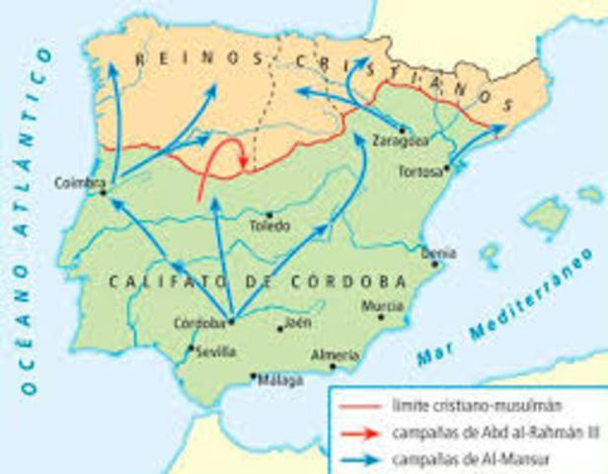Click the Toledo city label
pos(269,226)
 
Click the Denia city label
pos(438,253)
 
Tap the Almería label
pos(330,354)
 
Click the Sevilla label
pos(216,352)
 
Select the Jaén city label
pos(296,322)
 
